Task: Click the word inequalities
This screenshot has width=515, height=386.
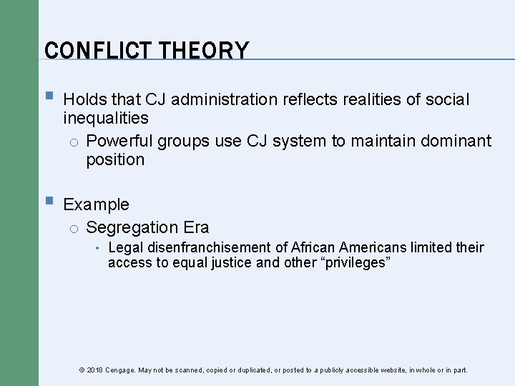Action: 105,117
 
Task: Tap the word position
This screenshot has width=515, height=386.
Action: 115,159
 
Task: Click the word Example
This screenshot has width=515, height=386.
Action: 97,204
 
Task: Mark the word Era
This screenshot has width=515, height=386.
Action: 196,228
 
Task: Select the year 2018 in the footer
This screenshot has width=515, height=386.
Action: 94,370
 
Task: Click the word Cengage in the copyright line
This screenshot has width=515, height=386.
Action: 121,370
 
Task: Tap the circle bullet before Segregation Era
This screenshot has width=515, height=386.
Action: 73,229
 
